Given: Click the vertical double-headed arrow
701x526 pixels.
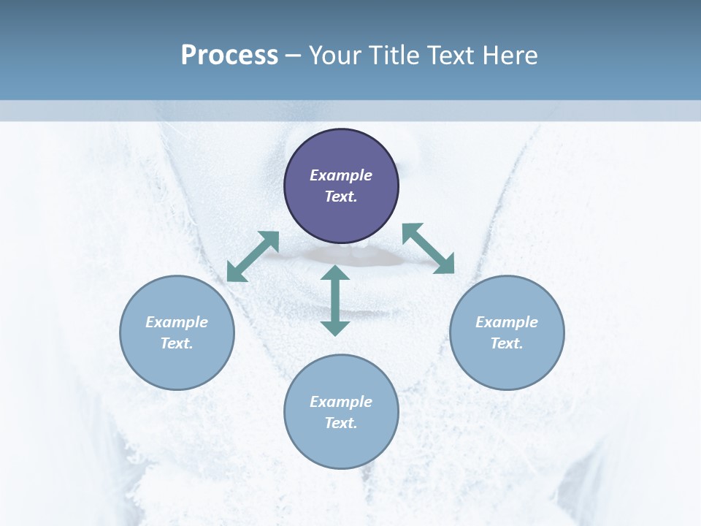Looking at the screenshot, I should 335,300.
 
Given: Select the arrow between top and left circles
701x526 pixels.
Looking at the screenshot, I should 253,256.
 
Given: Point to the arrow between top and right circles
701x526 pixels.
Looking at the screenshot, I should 429,248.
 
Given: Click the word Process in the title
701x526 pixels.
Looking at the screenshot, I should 229,55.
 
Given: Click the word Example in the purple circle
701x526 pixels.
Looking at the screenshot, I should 341,175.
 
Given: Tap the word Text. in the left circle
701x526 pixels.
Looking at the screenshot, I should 177,343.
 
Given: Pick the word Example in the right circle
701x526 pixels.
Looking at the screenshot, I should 507,322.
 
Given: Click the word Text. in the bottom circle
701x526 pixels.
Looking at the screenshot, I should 341,423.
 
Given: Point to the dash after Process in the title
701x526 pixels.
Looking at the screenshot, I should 294,56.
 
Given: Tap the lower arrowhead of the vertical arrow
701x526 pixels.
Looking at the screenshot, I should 335,327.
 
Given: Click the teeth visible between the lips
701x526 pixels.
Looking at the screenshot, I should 356,253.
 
